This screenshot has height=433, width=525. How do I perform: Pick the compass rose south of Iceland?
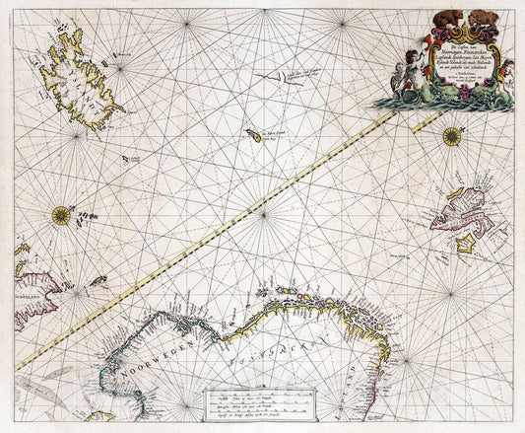point(61,213)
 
